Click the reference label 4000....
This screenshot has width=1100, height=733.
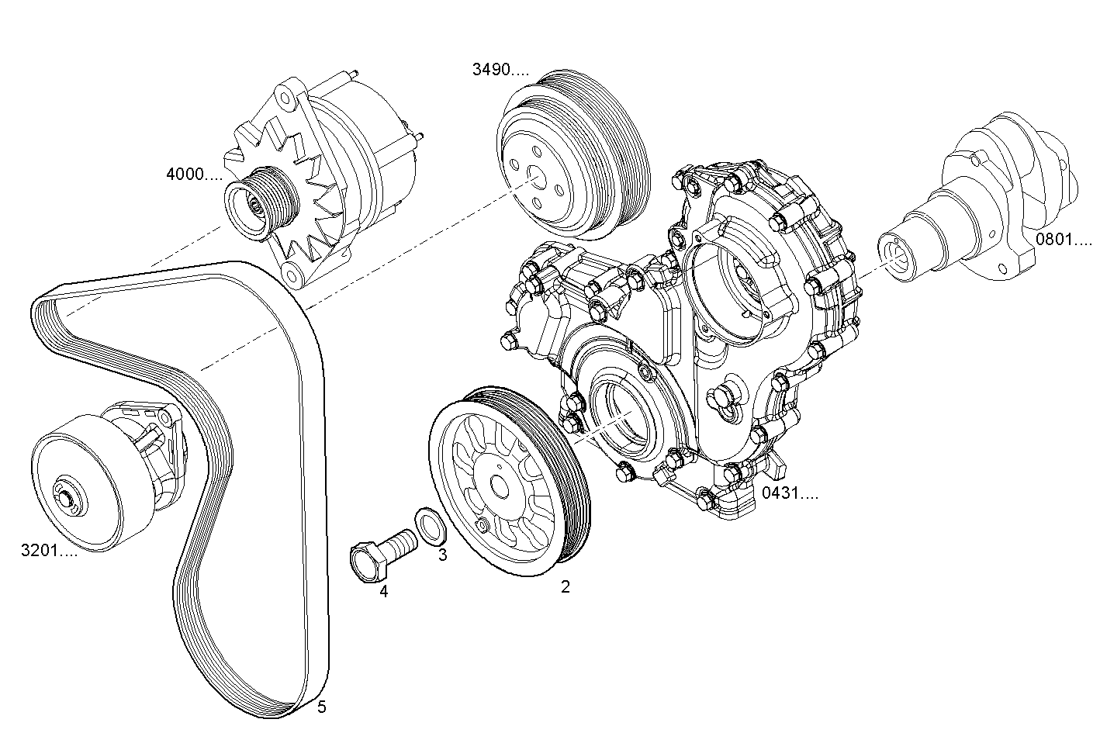pyautogui.click(x=194, y=175)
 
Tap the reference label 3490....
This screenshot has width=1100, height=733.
pyautogui.click(x=500, y=70)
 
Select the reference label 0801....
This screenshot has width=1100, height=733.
pyautogui.click(x=1064, y=239)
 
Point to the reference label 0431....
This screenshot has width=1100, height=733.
pyautogui.click(x=789, y=493)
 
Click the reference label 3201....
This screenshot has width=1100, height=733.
pyautogui.click(x=49, y=551)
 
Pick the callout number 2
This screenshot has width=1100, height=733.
pyautogui.click(x=566, y=587)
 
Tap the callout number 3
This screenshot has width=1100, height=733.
pyautogui.click(x=442, y=555)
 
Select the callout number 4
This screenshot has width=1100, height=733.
pyautogui.click(x=383, y=592)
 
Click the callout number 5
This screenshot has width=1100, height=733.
pyautogui.click(x=322, y=707)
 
